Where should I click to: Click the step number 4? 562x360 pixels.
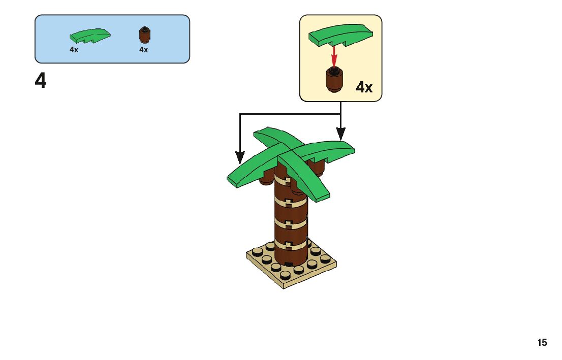(x=41, y=81)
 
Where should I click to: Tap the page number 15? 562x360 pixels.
(x=542, y=343)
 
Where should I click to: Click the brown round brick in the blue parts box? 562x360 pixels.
(x=144, y=35)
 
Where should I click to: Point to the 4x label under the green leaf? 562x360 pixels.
(x=74, y=50)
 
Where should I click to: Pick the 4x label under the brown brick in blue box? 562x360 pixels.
(x=143, y=50)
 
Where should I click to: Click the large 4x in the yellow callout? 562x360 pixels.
(x=364, y=87)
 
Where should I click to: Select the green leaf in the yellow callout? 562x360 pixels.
(x=341, y=36)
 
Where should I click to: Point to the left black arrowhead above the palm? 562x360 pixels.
(x=239, y=157)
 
